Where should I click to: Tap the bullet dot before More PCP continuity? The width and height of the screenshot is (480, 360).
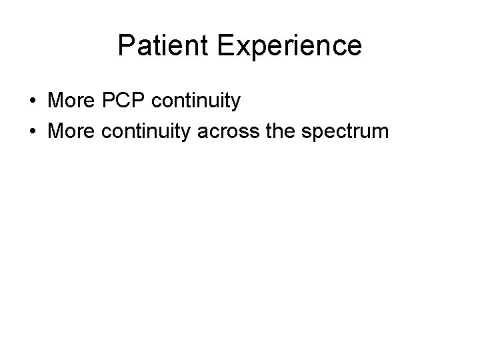coord(33,102)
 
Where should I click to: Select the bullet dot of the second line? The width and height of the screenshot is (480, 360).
coord(33,131)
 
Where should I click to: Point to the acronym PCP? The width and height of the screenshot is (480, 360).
coord(125,101)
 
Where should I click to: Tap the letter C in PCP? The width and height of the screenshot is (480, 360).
coord(125,101)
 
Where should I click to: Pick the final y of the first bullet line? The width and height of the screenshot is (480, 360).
coord(235,103)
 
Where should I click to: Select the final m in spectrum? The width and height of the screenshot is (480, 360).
coord(380,131)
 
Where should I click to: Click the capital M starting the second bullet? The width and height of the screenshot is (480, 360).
coord(57,130)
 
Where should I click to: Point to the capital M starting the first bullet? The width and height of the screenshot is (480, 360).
coord(57,101)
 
